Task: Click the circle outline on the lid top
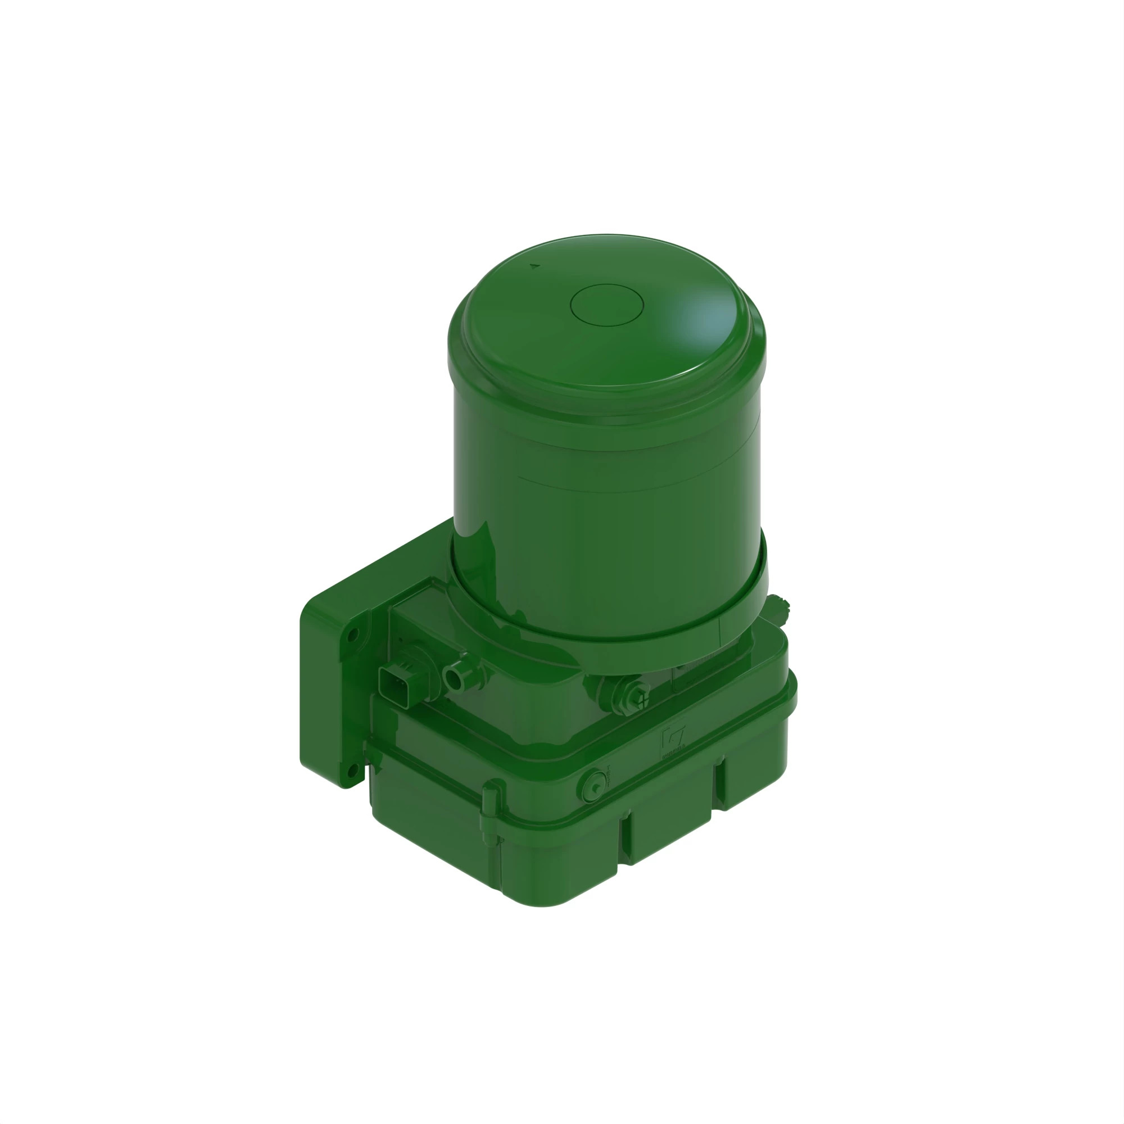[606, 305]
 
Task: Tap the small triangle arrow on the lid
[534, 266]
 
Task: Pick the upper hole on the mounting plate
[352, 636]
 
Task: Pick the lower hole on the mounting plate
[351, 772]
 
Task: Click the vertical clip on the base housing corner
[491, 810]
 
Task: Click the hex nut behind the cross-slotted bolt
[617, 692]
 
